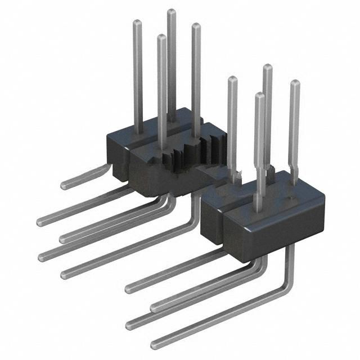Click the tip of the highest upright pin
tap(171, 12)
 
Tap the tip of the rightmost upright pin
tap(294, 83)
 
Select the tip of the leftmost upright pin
tap(137, 22)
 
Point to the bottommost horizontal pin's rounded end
tap(154, 344)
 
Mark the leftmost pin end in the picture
tap(40, 221)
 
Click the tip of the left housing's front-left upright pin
tap(161, 38)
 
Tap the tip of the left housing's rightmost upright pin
tap(196, 26)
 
